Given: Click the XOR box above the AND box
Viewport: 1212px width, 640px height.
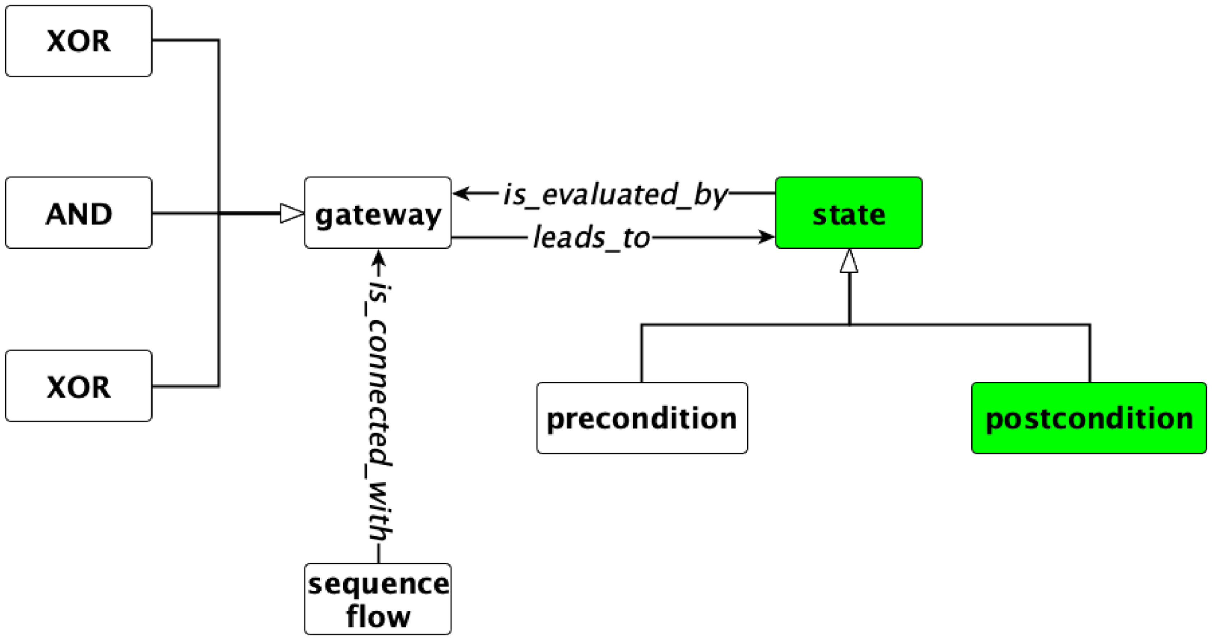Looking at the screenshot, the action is tap(79, 41).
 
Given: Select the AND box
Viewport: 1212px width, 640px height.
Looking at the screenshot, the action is tap(79, 213).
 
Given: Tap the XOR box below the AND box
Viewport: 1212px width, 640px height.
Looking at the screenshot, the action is tap(79, 386).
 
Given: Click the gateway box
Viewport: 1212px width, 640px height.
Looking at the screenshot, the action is tap(378, 213).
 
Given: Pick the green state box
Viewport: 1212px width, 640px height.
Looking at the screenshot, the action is tap(849, 213).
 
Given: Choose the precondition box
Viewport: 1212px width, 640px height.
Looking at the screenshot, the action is tap(642, 418).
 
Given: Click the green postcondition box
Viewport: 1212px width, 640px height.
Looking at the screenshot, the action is tap(1089, 418).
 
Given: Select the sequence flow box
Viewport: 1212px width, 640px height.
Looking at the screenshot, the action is tap(378, 599).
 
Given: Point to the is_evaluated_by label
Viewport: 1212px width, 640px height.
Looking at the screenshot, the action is tap(616, 194).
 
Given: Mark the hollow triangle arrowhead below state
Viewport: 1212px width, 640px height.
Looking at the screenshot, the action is tap(849, 261).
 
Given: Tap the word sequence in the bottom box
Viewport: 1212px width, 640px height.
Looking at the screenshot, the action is tap(378, 585).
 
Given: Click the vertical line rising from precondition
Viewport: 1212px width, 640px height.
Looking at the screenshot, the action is tap(641, 353).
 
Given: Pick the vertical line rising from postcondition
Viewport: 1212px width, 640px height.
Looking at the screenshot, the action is tap(1090, 353).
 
